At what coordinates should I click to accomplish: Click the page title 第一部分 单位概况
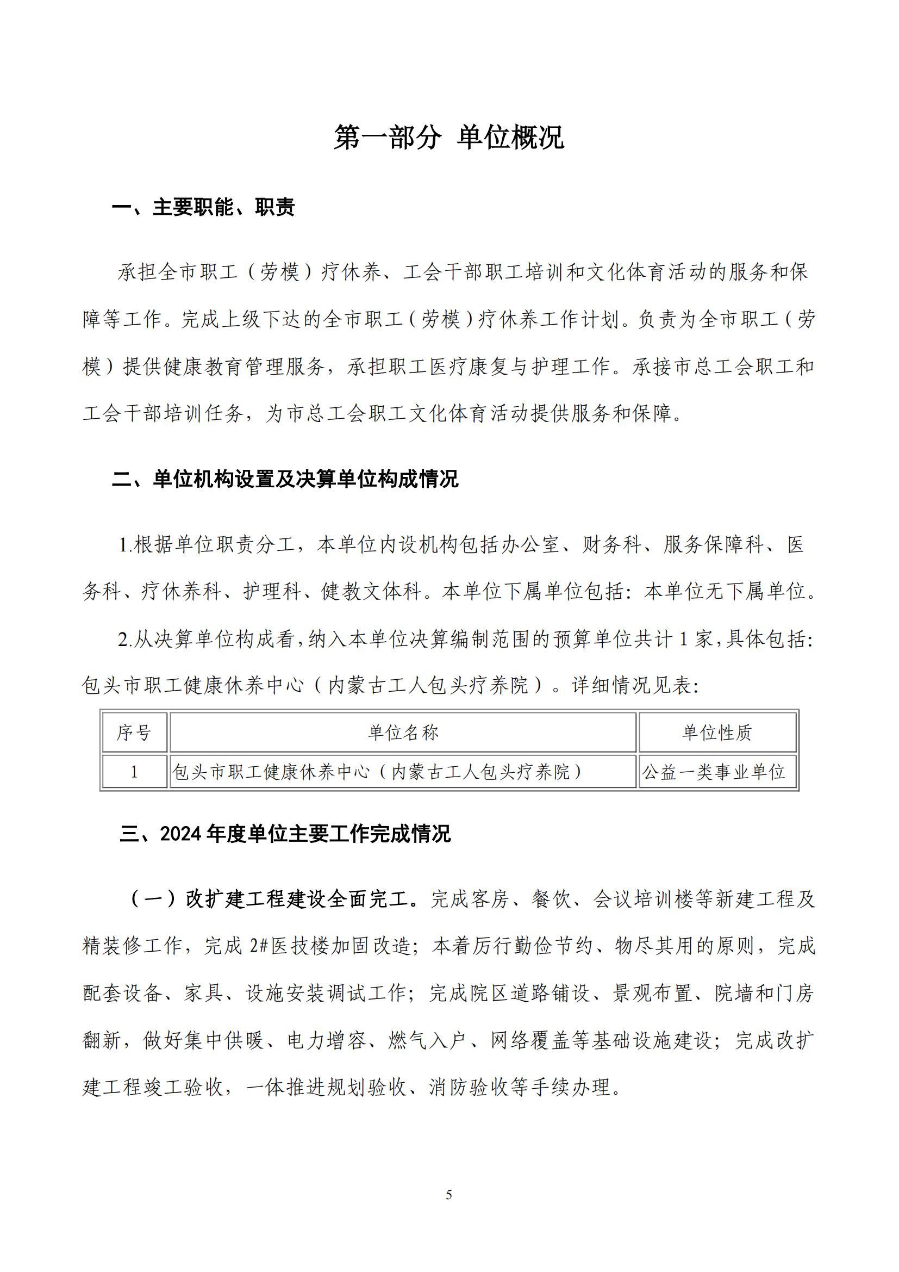tap(448, 138)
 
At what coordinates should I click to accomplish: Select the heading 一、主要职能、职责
tap(203, 208)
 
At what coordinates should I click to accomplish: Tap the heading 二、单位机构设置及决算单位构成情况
tap(285, 479)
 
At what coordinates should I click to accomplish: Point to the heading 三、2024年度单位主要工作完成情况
tap(285, 849)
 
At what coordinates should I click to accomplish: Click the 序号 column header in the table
tap(133, 733)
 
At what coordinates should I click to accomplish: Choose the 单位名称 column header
tap(403, 733)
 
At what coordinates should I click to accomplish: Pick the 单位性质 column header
tap(717, 733)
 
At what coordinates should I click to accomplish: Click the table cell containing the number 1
tap(133, 772)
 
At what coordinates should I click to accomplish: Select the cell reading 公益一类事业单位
tap(714, 772)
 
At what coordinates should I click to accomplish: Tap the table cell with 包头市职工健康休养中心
tap(378, 772)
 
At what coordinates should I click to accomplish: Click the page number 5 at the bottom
tap(449, 1195)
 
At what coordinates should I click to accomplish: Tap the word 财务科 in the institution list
tap(611, 545)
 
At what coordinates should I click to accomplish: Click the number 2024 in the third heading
tap(181, 850)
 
